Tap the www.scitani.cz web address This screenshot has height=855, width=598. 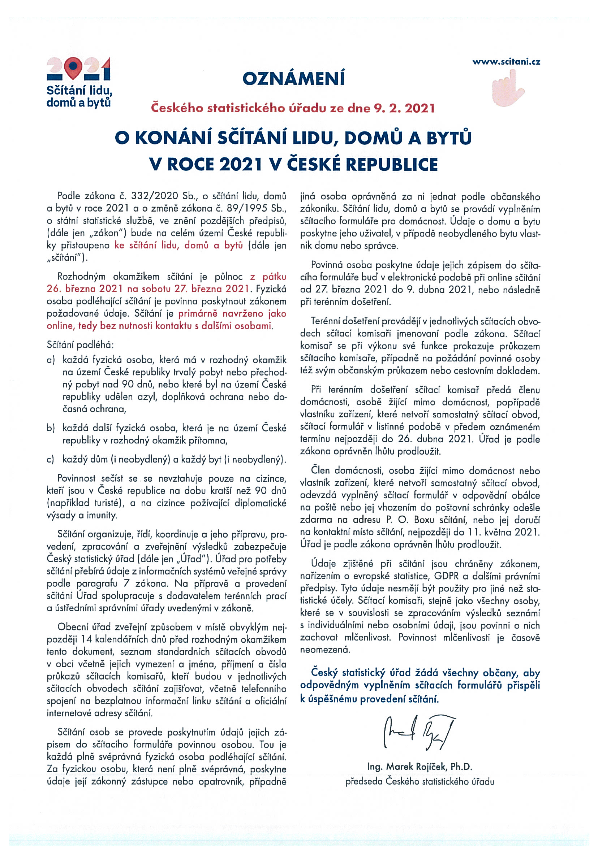click(506, 62)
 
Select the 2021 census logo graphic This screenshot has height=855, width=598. click(79, 70)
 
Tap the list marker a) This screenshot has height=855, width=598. click(51, 360)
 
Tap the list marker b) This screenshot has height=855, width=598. click(51, 428)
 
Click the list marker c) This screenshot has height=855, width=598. click(51, 460)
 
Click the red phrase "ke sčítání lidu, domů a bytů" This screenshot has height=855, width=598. click(178, 246)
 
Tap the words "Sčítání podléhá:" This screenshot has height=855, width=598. click(80, 345)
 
